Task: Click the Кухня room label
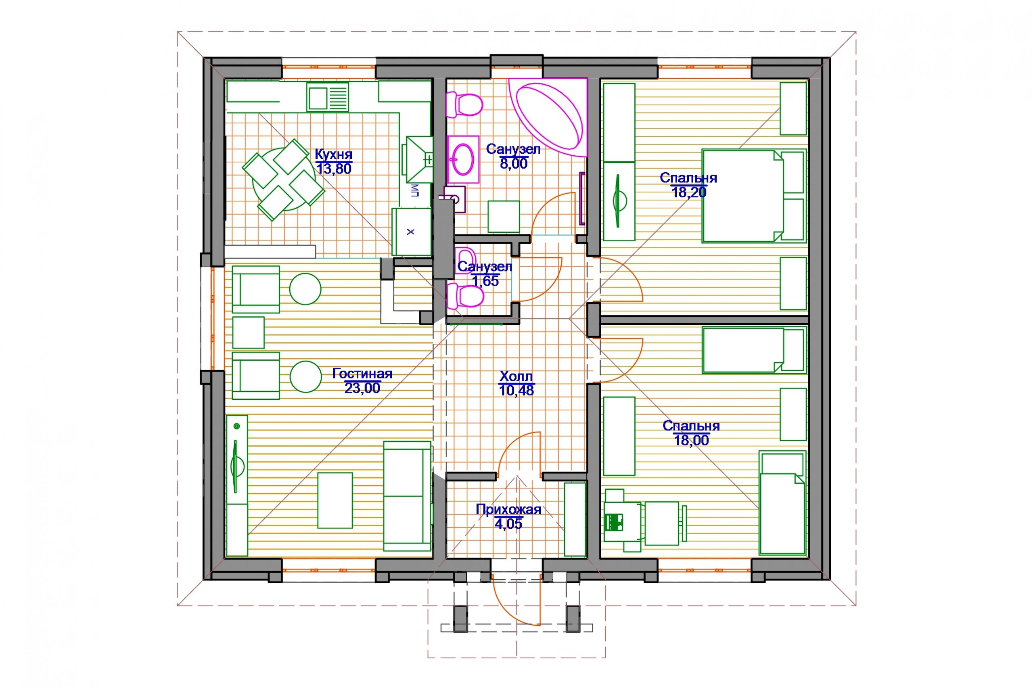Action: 334,155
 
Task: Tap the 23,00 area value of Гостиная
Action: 362,388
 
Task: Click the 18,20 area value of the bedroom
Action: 688,192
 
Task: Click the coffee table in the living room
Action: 335,500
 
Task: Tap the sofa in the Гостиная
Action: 407,496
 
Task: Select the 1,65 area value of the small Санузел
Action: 485,281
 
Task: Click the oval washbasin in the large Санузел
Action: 463,159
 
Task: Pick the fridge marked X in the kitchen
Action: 411,232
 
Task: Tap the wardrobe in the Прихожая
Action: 575,520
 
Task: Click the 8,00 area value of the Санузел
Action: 513,163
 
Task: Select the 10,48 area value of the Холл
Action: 516,390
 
